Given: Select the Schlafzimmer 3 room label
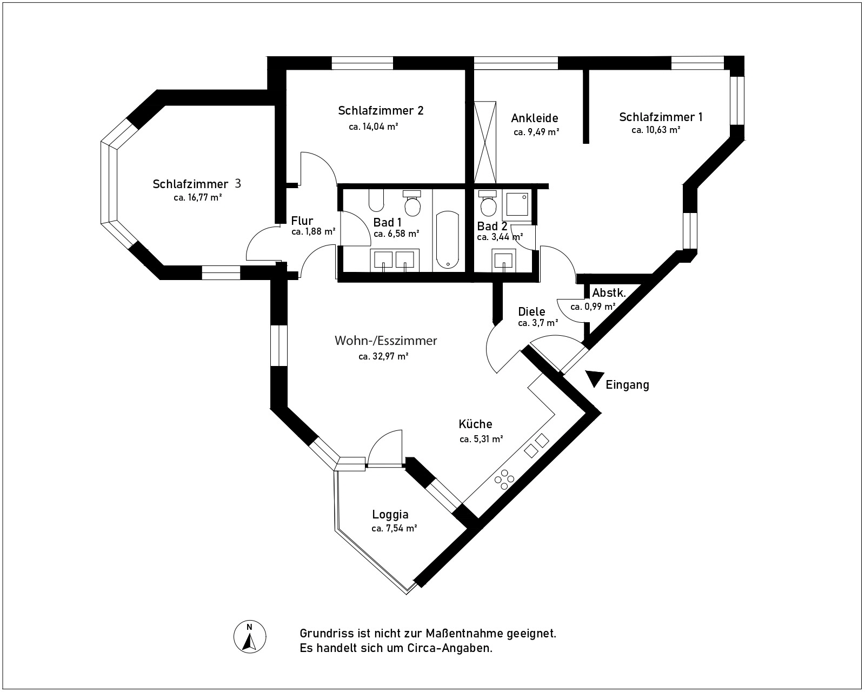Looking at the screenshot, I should pos(197,184).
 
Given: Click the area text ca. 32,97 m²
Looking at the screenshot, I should pos(383,357).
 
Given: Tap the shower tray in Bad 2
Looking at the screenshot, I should pos(517,205).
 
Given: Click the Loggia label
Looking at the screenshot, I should pos(390,515).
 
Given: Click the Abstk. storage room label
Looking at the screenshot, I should pos(609,294).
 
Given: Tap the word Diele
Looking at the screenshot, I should pos(531,312).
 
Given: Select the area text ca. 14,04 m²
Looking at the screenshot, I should pos(374,127).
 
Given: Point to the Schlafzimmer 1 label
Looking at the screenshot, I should pos(661,117).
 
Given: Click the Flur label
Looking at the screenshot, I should pos(302,221).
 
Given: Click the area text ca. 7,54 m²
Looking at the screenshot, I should pos(394,528).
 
